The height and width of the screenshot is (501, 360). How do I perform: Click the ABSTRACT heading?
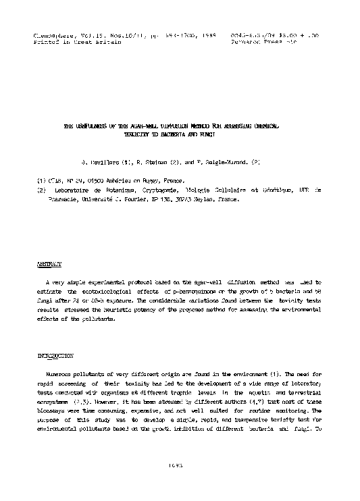pos(49,264)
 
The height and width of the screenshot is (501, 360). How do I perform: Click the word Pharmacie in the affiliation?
pos(61,200)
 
